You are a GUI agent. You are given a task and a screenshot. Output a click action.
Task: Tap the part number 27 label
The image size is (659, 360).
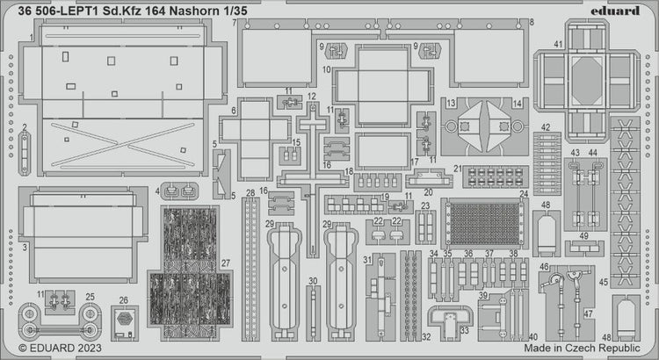(x=226, y=263)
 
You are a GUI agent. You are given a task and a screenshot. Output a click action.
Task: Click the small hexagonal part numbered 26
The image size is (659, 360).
(x=124, y=320)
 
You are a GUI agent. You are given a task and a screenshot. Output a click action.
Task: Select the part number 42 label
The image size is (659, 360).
(x=546, y=127)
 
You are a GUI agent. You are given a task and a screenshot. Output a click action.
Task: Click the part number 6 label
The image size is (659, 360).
(x=234, y=111)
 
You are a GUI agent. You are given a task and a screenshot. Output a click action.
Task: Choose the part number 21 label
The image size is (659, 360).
(x=458, y=169)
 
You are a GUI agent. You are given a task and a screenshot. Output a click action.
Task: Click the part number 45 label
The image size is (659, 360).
(x=603, y=283)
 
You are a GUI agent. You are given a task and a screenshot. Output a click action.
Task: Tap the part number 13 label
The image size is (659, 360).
(x=450, y=103)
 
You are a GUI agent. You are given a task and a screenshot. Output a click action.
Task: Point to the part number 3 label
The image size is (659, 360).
(x=25, y=248)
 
